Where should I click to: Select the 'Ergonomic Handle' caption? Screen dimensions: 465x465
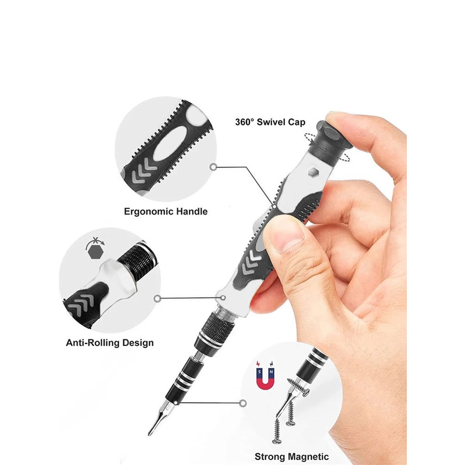[166, 212]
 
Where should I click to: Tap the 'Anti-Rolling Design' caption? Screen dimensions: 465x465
[110, 342]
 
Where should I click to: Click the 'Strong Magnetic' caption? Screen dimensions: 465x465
[291, 456]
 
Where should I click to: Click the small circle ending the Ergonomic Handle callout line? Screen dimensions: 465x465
[214, 167]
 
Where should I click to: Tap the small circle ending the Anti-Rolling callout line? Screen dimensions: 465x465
[158, 298]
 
